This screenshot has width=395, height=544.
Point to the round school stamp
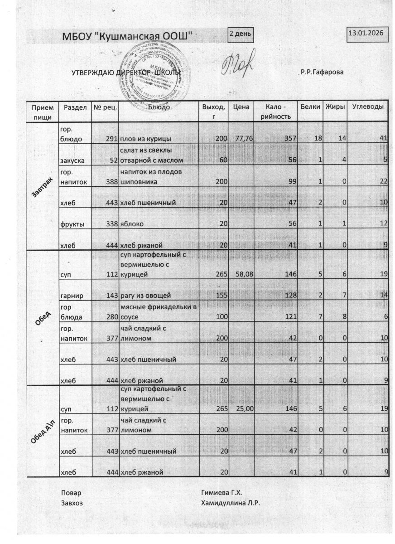(x=154, y=73)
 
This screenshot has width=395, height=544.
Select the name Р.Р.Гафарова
(x=322, y=73)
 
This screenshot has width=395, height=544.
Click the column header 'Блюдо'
(x=159, y=107)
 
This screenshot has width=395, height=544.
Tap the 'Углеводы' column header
(x=367, y=107)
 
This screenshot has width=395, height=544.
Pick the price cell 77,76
(x=241, y=139)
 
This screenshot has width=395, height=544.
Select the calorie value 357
(x=290, y=139)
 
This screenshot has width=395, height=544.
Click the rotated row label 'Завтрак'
(x=43, y=186)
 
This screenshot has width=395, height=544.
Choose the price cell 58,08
(x=241, y=275)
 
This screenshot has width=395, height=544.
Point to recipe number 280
(x=111, y=317)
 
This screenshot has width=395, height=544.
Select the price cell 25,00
(x=241, y=409)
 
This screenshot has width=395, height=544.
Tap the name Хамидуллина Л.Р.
(x=231, y=503)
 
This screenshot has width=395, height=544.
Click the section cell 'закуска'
(x=72, y=160)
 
